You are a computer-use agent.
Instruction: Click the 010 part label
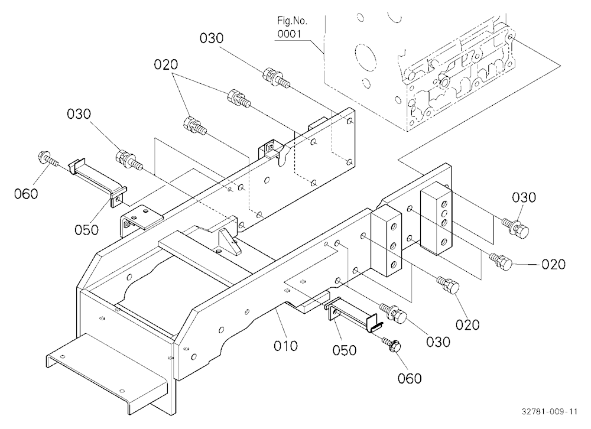tap(285, 346)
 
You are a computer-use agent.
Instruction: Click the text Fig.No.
tap(293, 21)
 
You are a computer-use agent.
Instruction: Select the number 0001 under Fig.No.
tap(290, 34)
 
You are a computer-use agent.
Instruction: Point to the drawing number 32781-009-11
tap(550, 411)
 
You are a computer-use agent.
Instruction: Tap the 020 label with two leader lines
tap(166, 64)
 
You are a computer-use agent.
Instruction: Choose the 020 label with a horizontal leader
tap(554, 264)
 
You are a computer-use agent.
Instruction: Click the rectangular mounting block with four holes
tap(436, 218)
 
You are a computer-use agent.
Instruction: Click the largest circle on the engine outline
tap(366, 59)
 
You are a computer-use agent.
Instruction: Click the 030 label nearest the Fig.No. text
tap(212, 38)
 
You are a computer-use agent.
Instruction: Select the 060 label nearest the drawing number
tap(410, 378)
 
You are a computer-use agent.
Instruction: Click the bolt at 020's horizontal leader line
tap(501, 261)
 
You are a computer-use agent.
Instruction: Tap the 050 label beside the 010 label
tap(345, 350)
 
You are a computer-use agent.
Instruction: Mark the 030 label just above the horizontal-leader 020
tap(524, 197)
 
